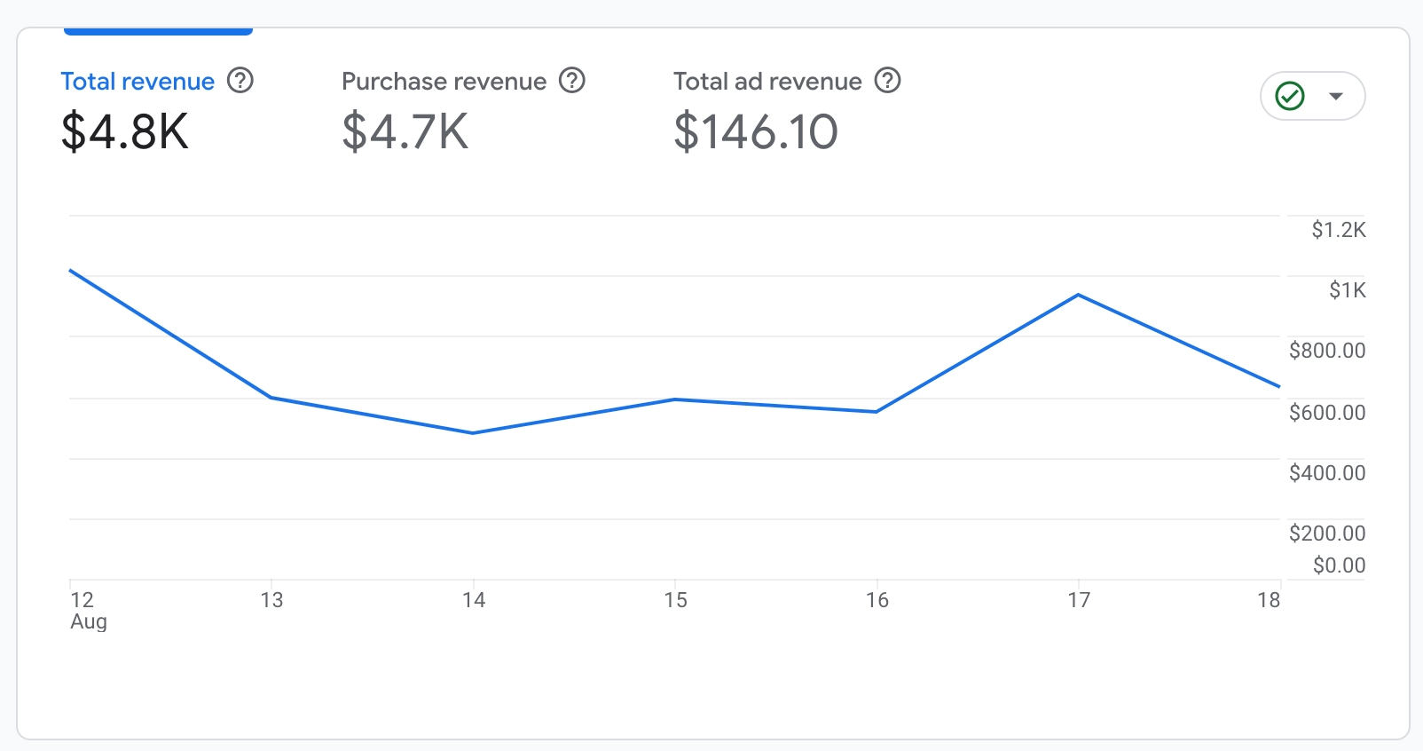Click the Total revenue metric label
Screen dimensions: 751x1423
(x=138, y=82)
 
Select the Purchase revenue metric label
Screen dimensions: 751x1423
(x=444, y=82)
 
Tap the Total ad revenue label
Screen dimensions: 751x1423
(x=767, y=82)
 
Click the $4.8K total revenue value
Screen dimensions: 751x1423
(x=125, y=132)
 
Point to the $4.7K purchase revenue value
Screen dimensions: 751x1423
(x=405, y=132)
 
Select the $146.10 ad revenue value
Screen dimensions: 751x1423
(x=756, y=132)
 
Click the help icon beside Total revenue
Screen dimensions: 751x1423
(x=240, y=81)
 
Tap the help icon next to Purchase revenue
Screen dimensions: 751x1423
(x=572, y=81)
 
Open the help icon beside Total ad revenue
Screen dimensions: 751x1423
(x=888, y=81)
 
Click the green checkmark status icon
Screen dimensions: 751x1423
(x=1290, y=96)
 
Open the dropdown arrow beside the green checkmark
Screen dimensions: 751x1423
(x=1336, y=96)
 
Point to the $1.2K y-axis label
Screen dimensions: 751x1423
(x=1339, y=231)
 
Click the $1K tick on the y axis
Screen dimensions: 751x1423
(x=1348, y=290)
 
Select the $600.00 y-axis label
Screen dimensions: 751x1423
(x=1327, y=413)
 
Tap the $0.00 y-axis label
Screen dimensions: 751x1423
(x=1339, y=565)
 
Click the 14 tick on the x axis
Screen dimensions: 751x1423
(x=474, y=601)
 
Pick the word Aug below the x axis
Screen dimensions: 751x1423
(x=89, y=622)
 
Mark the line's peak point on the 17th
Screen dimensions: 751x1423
(x=1078, y=295)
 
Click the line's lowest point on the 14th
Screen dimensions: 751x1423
(x=473, y=433)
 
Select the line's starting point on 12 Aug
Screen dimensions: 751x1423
(x=71, y=271)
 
